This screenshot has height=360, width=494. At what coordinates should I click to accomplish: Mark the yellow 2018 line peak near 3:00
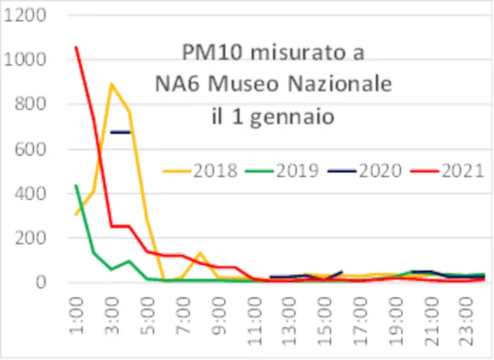point(112,84)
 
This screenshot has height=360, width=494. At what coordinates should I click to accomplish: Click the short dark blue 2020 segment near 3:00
point(121,132)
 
